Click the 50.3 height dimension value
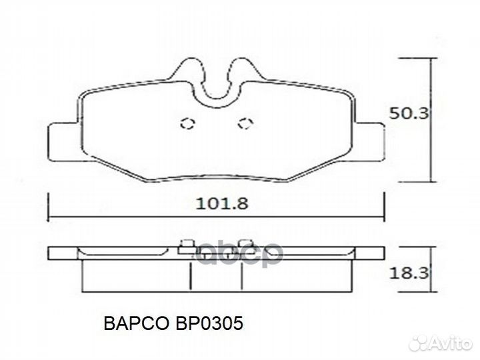[x=408, y=113]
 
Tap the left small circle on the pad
[x=187, y=123]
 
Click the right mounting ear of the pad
[x=371, y=141]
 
